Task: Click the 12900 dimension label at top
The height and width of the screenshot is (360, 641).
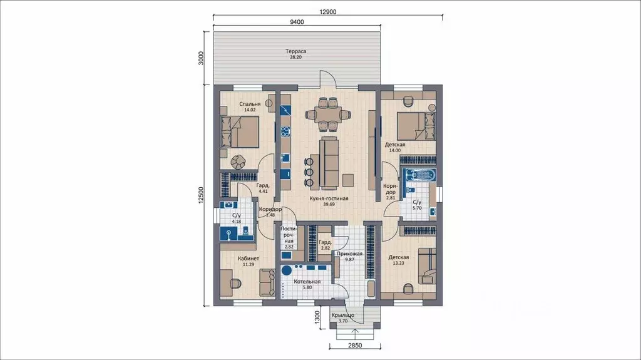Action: click(328, 12)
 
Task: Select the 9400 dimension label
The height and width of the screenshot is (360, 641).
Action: click(297, 22)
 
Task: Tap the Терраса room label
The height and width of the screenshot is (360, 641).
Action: click(295, 51)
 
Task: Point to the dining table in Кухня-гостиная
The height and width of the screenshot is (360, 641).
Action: click(328, 115)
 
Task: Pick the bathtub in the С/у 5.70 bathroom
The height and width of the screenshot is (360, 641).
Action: click(419, 175)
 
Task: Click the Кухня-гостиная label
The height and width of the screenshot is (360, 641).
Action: click(329, 198)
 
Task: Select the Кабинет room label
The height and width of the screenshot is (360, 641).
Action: click(249, 259)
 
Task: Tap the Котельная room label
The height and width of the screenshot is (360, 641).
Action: click(307, 282)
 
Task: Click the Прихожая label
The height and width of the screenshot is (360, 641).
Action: click(349, 254)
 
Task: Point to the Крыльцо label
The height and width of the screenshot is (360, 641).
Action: click(342, 315)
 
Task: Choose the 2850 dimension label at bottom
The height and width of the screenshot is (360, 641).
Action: click(355, 345)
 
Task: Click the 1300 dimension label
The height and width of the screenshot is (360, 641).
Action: click(317, 317)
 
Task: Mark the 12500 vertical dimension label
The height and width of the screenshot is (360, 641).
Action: click(200, 195)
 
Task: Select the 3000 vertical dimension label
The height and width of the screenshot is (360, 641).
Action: click(200, 58)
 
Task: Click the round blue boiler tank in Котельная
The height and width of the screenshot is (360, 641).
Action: click(287, 270)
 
